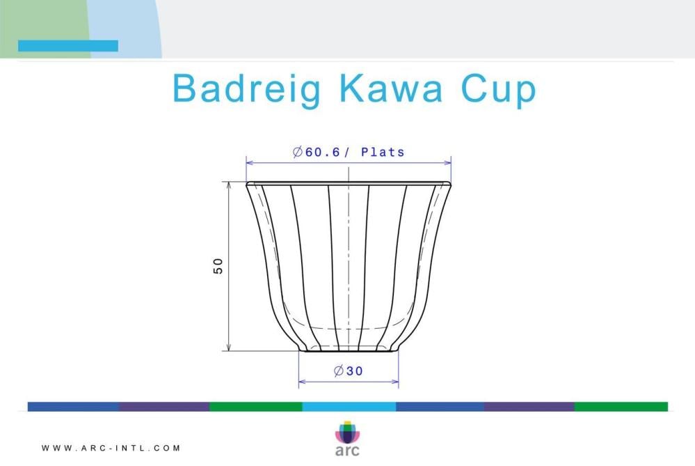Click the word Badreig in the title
(246, 88)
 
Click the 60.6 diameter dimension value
(322, 153)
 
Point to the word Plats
(383, 153)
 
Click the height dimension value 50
(218, 266)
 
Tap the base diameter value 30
(355, 371)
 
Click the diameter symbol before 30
(339, 371)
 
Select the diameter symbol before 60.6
(298, 153)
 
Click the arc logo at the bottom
(348, 438)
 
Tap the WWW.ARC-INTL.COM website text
(111, 449)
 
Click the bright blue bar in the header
(68, 46)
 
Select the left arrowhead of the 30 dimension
(303, 381)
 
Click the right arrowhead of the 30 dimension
(394, 381)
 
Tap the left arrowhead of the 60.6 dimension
(250, 163)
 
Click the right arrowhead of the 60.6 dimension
(447, 163)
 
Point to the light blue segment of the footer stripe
(349, 407)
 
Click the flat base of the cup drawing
(349, 351)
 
